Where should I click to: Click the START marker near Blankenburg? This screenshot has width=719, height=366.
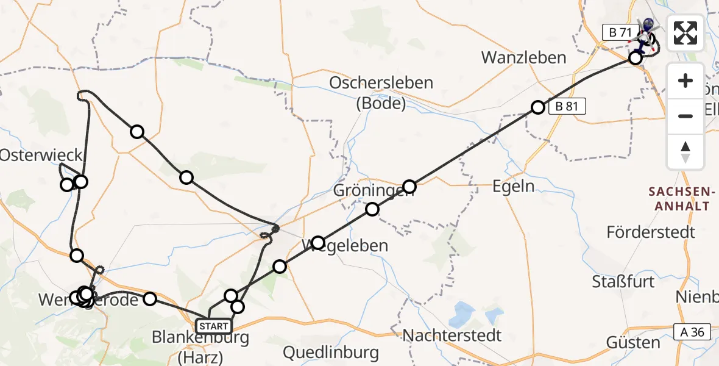coord(213,326)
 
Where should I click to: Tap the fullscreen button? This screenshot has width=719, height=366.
coord(685,33)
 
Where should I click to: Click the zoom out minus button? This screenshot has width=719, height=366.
coord(685,116)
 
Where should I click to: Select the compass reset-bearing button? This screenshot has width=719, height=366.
coord(685,151)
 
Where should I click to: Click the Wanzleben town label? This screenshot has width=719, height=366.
coord(523,57)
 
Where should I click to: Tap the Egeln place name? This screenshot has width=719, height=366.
coord(514,186)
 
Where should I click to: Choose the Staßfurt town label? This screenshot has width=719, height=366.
coord(623,281)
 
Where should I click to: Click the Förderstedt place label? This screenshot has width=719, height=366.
coord(651,232)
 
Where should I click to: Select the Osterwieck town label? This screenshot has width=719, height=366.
coord(32,155)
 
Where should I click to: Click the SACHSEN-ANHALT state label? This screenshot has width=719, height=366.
coord(679,199)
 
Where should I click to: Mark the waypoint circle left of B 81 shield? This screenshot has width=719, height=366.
coord(537,107)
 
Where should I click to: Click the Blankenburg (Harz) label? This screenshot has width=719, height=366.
coord(200,345)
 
